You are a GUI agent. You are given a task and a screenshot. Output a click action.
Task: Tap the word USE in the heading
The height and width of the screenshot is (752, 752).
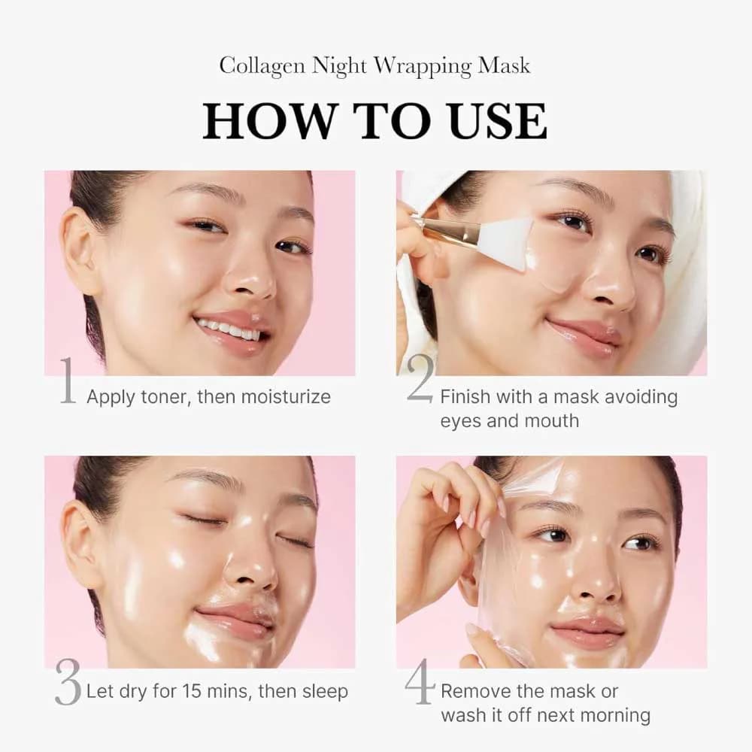click(x=499, y=120)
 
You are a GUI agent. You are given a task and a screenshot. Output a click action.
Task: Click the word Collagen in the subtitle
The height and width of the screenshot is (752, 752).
click(x=262, y=66)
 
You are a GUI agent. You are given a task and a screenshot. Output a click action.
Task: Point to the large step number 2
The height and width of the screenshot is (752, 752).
click(x=420, y=379)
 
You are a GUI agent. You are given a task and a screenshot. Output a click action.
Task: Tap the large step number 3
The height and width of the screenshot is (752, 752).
click(x=68, y=682)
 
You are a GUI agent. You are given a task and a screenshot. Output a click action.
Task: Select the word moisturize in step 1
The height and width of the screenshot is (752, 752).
click(x=285, y=397)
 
